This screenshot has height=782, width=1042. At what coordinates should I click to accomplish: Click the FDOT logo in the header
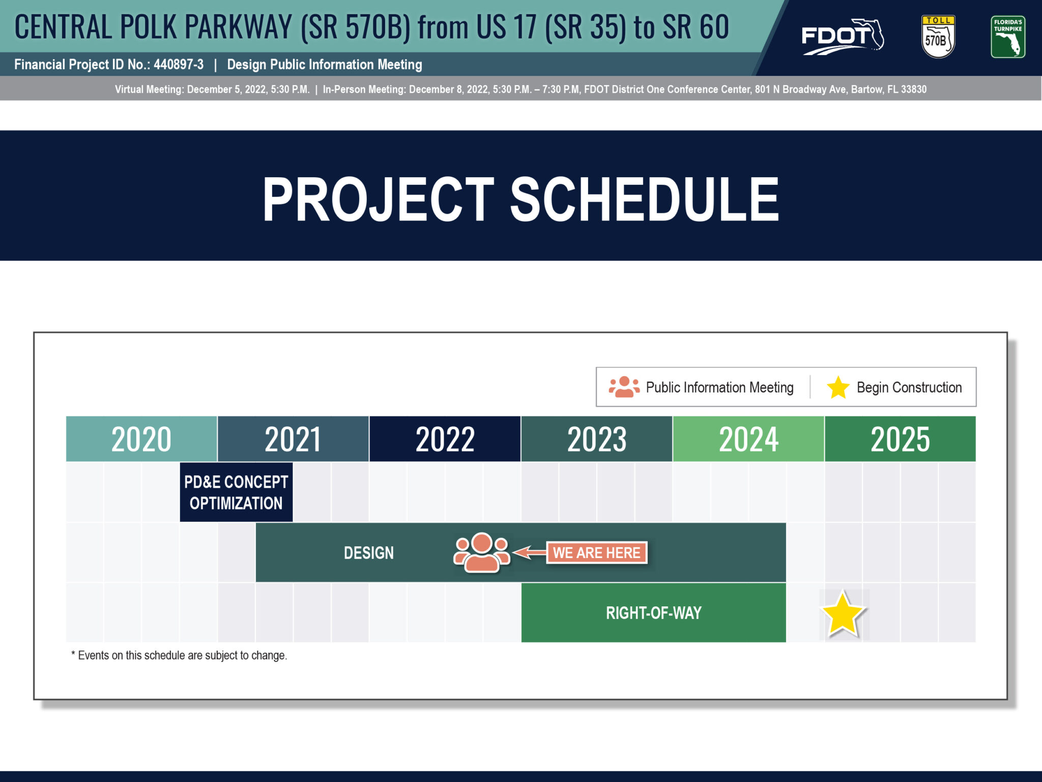[843, 37]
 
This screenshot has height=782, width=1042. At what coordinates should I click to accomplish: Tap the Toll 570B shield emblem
[938, 37]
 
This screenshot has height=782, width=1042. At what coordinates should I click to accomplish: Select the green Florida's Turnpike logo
[1008, 37]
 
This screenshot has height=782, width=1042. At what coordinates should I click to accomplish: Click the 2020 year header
[141, 439]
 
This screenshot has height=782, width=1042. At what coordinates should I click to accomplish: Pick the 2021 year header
[293, 439]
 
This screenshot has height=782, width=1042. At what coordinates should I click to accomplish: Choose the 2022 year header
[445, 439]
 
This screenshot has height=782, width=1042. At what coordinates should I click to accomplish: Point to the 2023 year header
[597, 439]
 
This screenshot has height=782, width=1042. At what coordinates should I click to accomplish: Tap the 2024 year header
[748, 439]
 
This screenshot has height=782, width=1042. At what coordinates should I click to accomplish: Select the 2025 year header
[900, 439]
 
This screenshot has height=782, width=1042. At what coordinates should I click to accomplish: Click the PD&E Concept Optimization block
[236, 492]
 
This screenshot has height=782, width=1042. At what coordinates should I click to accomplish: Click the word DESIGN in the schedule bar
[369, 553]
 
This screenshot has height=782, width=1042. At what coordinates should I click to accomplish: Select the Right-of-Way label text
[654, 613]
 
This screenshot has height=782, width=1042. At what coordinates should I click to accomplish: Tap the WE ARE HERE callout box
[597, 553]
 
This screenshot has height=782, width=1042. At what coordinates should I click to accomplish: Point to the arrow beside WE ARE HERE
[530, 552]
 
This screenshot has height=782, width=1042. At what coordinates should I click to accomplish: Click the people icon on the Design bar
[481, 553]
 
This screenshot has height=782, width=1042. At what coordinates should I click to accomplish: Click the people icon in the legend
[624, 387]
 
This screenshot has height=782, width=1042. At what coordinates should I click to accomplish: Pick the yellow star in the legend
[838, 387]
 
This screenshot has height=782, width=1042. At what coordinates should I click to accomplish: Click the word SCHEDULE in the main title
[645, 199]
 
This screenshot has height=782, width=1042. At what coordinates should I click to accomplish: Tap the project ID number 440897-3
[179, 65]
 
